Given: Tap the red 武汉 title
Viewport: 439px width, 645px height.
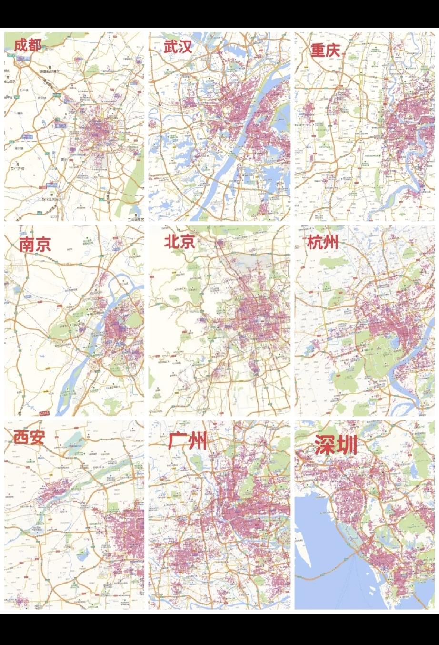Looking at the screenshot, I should pyautogui.click(x=178, y=47).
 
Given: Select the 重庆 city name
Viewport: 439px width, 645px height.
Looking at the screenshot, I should pyautogui.click(x=326, y=50).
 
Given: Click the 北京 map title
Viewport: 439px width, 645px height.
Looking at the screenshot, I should pyautogui.click(x=180, y=242).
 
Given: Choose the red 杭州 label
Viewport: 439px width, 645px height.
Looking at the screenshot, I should pyautogui.click(x=323, y=243).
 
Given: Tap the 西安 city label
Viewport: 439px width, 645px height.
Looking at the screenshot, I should pyautogui.click(x=29, y=437).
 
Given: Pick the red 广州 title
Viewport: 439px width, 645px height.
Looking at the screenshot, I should pyautogui.click(x=188, y=441).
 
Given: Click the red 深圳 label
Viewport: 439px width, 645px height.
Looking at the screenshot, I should pyautogui.click(x=336, y=445).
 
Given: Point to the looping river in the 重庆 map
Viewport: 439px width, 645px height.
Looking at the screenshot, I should pyautogui.click(x=419, y=157).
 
